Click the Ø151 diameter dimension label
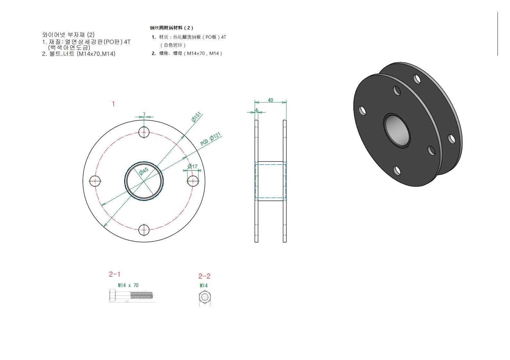(x=197, y=117)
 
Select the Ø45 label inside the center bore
(x=144, y=171)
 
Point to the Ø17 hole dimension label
(x=192, y=167)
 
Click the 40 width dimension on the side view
(x=270, y=100)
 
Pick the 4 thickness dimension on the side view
(x=256, y=110)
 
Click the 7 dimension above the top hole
(x=144, y=115)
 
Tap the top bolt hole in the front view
(x=144, y=133)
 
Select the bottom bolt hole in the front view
(x=144, y=230)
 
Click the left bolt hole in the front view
(x=95, y=181)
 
